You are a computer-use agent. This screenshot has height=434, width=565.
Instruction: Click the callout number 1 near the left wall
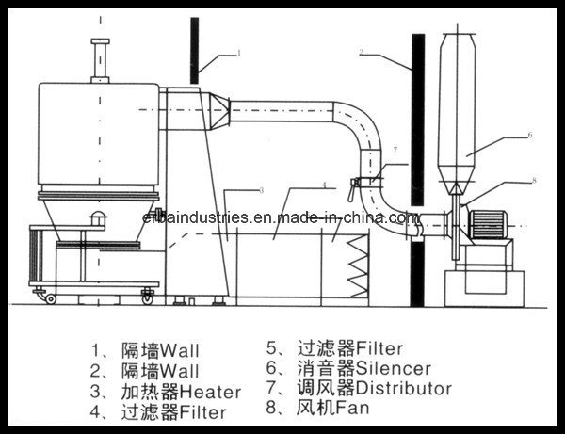(238, 55)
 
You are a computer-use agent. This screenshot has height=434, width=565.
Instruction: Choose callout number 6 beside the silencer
(529, 135)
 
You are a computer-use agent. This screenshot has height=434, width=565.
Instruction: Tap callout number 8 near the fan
(533, 179)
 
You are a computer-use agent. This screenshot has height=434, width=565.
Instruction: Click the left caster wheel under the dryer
(50, 298)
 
